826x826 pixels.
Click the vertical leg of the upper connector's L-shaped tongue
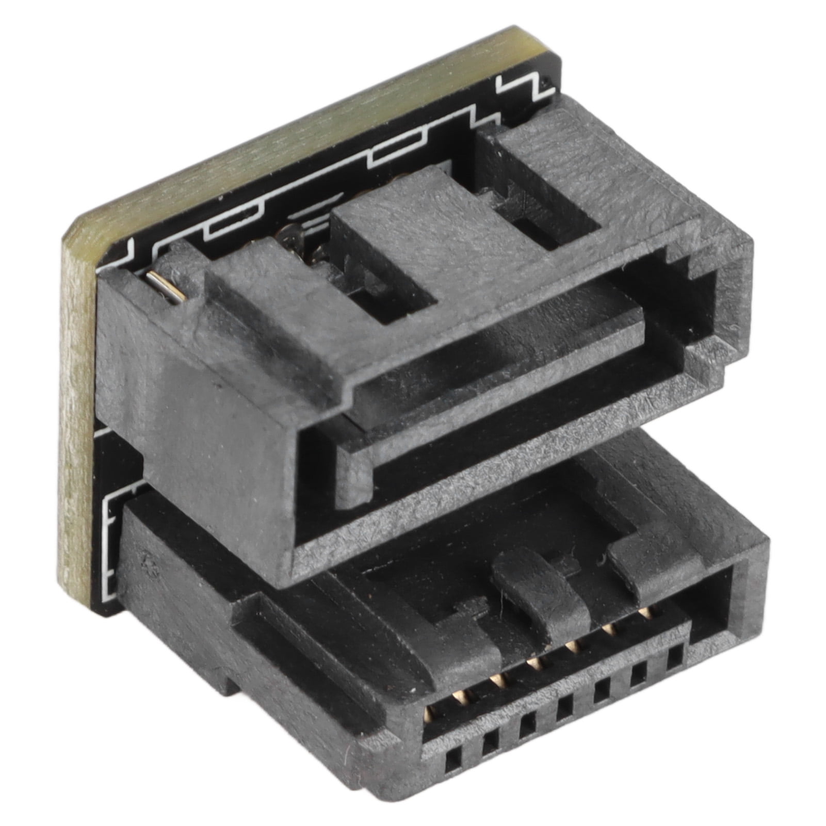click(x=356, y=464)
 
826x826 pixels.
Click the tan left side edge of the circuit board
click(x=77, y=413)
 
